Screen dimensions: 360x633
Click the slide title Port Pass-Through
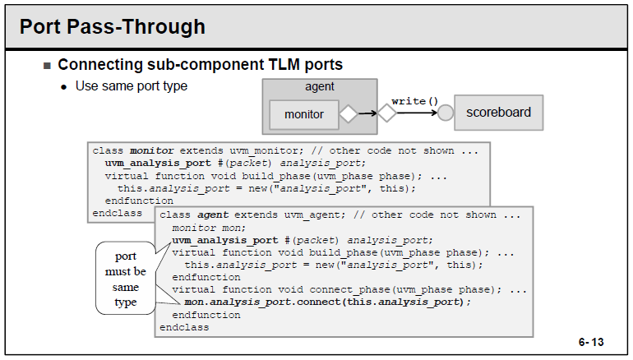click(112, 27)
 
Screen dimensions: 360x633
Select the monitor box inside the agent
click(304, 114)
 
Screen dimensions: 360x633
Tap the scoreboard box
click(498, 112)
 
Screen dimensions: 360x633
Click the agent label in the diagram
click(320, 86)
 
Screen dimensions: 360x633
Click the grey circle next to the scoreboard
click(446, 113)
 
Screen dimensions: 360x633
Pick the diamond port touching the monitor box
click(349, 113)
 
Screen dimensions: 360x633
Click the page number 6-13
click(590, 340)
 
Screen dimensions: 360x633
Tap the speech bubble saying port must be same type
click(126, 279)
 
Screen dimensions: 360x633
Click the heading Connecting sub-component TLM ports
click(200, 64)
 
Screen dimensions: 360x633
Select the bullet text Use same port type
click(132, 85)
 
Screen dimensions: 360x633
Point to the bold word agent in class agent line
click(213, 215)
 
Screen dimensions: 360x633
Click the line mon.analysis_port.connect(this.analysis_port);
click(329, 302)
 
